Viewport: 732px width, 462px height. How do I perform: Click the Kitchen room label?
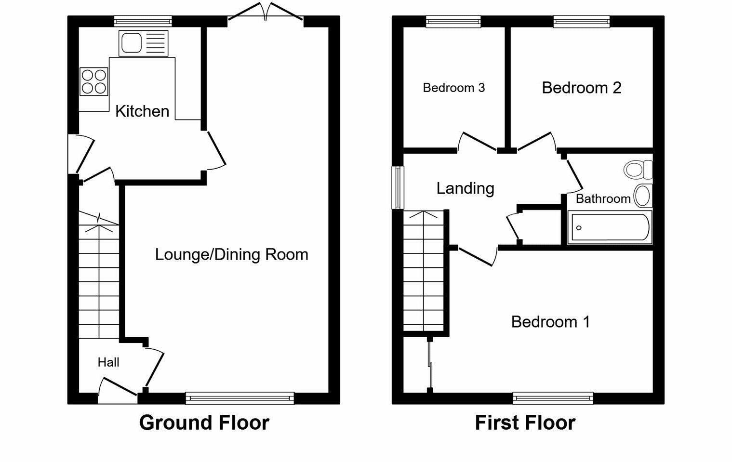tap(142, 111)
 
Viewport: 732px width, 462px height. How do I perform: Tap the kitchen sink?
tap(143, 43)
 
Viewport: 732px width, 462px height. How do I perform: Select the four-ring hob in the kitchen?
tap(94, 81)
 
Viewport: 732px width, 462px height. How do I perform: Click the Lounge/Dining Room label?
tap(231, 254)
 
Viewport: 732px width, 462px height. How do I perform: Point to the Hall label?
tap(108, 362)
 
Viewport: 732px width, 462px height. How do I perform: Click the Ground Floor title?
tap(204, 422)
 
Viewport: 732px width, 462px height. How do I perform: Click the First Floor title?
tap(525, 422)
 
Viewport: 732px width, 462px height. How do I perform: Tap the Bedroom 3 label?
tap(453, 88)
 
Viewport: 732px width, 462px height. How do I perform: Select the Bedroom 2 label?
tap(581, 88)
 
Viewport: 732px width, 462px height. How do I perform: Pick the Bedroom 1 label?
tap(550, 321)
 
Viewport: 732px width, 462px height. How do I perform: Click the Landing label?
tap(465, 188)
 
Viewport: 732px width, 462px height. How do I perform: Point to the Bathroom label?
tap(603, 198)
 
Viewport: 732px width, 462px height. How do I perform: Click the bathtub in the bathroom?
tap(610, 227)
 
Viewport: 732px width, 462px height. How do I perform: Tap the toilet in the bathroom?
tap(638, 170)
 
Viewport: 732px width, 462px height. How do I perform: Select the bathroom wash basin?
tap(642, 196)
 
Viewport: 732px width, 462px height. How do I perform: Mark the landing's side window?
tap(398, 188)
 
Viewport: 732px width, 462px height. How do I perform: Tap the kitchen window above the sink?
tap(143, 21)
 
